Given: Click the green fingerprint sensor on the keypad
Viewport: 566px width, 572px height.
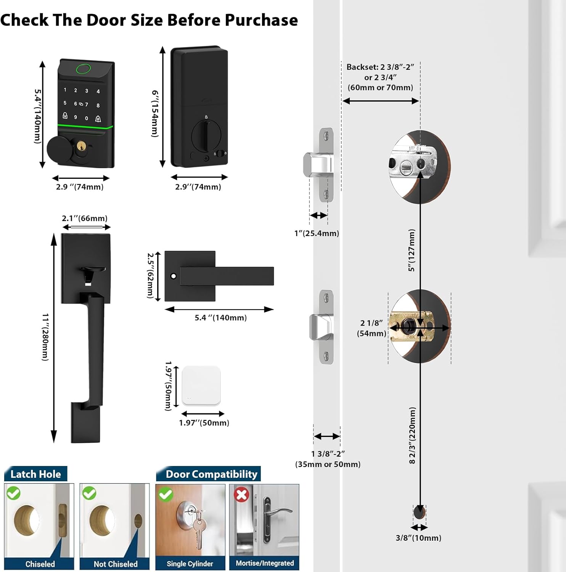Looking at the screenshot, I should point(84,69).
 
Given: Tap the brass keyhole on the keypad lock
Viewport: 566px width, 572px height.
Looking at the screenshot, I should point(81,146).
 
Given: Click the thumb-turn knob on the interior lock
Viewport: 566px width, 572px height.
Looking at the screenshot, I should point(206,135).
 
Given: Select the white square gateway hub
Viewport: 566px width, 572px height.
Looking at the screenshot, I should point(201,386).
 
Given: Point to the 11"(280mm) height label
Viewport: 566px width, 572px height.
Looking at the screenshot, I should point(45,337).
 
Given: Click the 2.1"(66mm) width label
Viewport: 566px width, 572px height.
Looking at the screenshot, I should point(85,219).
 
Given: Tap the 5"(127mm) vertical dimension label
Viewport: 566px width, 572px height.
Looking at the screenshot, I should point(412,250).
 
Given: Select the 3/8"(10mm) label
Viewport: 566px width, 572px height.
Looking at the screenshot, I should point(418,538).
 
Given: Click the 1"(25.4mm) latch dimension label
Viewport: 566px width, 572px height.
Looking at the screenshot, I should point(317,233).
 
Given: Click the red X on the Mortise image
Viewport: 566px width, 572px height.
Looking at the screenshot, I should point(241,495).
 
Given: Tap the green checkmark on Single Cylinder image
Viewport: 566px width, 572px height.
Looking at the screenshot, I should point(166,494).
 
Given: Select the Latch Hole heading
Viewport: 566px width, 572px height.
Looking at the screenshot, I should point(35,474).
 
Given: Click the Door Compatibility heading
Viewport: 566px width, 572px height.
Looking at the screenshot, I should point(211,474).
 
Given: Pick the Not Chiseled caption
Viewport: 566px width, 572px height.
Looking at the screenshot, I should point(116,564).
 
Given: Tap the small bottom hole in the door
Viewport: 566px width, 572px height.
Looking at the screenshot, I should point(419,511).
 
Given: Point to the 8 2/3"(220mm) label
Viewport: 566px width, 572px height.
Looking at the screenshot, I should point(412,435).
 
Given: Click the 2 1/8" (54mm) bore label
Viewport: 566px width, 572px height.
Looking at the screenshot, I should point(371,328).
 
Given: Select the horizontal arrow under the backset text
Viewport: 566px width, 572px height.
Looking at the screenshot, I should point(381,101).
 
